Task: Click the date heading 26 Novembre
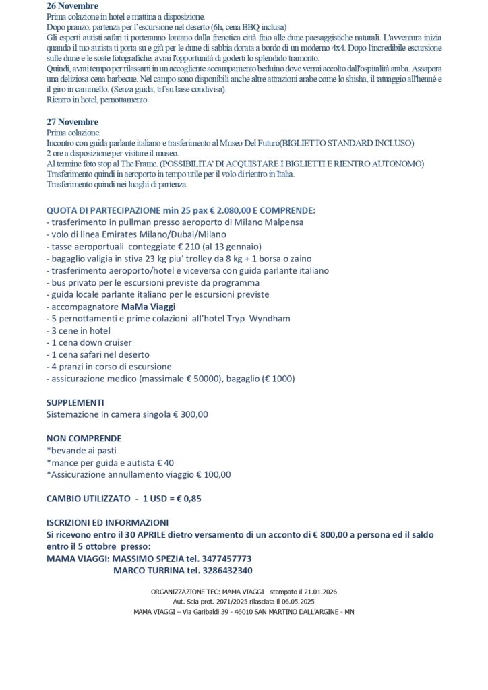click(x=72, y=6)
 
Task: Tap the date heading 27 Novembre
click(x=72, y=122)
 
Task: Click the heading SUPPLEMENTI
click(x=75, y=402)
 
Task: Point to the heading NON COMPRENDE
click(x=84, y=438)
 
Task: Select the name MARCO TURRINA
click(x=148, y=570)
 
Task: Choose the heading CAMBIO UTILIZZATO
click(x=88, y=499)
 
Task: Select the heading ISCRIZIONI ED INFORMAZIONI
click(x=107, y=522)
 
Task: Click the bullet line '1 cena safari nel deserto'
click(x=98, y=354)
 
